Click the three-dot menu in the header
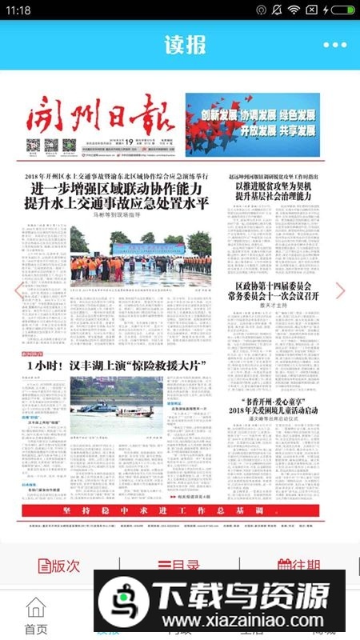[x=335, y=45]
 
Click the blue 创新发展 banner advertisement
[x=252, y=124]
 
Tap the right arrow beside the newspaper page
[x=341, y=290]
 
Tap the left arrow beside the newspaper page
[x=18, y=290]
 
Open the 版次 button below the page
[x=60, y=565]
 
